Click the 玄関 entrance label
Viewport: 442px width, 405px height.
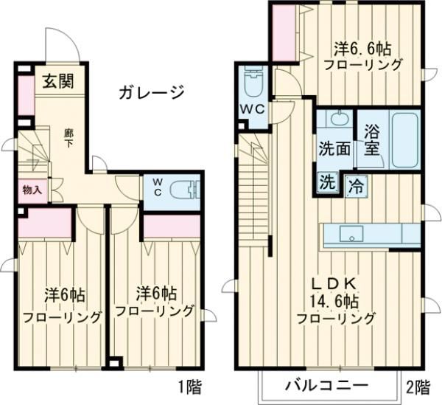tap(56, 81)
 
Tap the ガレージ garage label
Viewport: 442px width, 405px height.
tap(150, 92)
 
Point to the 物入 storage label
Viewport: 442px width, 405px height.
tap(31, 190)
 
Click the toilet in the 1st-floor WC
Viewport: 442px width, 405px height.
tap(184, 190)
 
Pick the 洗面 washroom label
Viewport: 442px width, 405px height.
tap(334, 147)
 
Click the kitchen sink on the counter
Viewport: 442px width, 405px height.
tap(351, 237)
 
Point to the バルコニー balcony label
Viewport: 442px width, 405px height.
tap(326, 385)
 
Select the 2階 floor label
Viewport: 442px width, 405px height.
tap(418, 386)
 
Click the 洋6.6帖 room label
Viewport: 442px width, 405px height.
tap(361, 49)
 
